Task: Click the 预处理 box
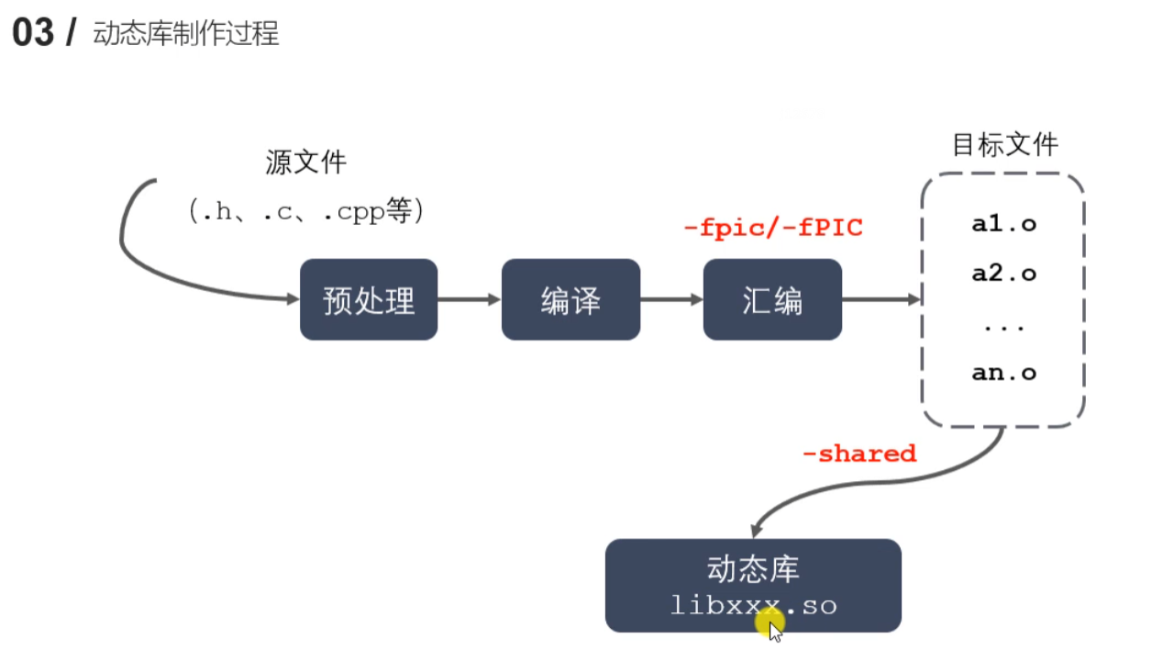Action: (369, 299)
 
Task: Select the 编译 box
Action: (570, 299)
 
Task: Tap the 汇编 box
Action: (772, 299)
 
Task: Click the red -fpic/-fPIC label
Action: (773, 228)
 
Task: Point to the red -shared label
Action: (858, 454)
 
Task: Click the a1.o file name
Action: (1003, 224)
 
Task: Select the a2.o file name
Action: (1003, 274)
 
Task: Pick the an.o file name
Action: (1003, 373)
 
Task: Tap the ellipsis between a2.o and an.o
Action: (1003, 325)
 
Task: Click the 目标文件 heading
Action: (1005, 145)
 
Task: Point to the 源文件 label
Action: (306, 163)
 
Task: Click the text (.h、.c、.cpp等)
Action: (306, 212)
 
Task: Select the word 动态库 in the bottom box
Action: (753, 569)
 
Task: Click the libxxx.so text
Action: (753, 605)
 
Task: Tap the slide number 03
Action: (33, 34)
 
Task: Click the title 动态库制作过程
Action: (186, 35)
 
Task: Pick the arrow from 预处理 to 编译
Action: (469, 299)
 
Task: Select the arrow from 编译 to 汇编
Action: (671, 299)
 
